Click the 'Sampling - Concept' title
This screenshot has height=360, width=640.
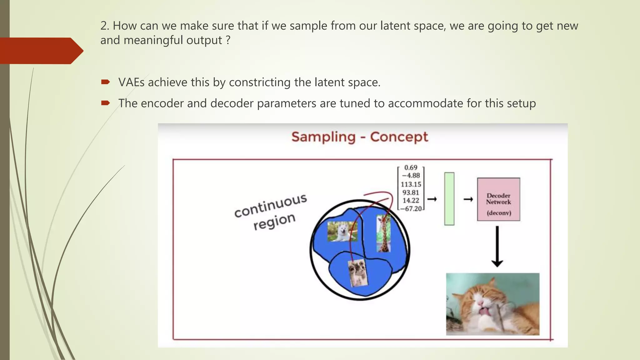[x=359, y=137]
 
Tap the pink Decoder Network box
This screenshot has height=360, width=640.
[x=498, y=199]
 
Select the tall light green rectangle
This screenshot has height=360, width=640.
[x=449, y=199]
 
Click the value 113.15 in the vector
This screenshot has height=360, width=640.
[x=411, y=184]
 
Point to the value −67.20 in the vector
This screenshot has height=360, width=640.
[x=412, y=209]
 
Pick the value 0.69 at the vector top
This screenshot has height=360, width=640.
[x=411, y=168]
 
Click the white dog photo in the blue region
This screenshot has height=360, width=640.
[x=342, y=232]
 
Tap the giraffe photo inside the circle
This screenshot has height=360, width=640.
[x=383, y=233]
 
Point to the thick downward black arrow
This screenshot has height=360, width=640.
[x=497, y=247]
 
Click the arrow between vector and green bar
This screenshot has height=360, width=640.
[x=432, y=199]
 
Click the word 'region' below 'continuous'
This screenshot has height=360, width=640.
[x=274, y=221]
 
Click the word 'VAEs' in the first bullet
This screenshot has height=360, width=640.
[x=131, y=82]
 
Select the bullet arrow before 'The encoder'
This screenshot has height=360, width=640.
[x=105, y=103]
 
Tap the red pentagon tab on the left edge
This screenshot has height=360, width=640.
[x=41, y=51]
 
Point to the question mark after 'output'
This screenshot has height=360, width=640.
[x=228, y=40]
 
